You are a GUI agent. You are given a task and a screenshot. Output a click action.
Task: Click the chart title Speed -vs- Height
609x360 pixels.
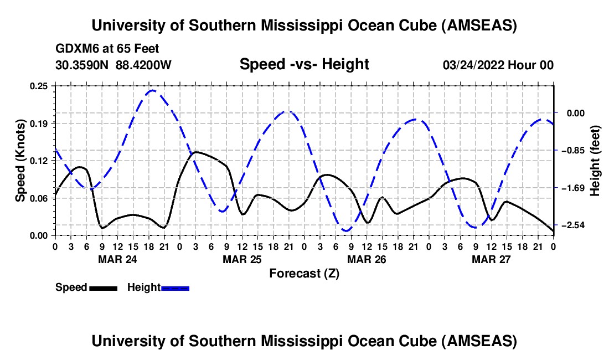pos(304,65)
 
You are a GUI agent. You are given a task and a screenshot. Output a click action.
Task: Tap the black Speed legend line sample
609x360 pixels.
pos(102,287)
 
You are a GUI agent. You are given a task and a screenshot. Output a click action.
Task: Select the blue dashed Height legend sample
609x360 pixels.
pos(175,287)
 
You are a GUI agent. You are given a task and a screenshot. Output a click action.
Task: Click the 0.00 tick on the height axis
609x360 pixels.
pos(577,113)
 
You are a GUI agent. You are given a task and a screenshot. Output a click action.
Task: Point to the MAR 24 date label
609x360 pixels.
pos(117,259)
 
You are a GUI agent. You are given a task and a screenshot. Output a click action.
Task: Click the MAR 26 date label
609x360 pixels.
pos(367,259)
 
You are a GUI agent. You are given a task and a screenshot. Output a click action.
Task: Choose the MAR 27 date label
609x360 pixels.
pos(491,259)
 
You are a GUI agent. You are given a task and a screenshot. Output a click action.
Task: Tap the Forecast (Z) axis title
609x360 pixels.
pos(304,273)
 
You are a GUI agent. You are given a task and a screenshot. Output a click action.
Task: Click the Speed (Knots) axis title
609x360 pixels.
pos(20,161)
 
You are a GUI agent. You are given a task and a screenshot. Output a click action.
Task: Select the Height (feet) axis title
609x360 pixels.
pos(595,161)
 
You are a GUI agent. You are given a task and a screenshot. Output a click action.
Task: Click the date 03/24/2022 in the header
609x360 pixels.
pos(473,65)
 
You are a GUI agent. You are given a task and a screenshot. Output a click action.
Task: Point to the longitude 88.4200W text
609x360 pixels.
pos(143,65)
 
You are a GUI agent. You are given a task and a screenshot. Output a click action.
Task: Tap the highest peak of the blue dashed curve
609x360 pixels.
pos(152,90)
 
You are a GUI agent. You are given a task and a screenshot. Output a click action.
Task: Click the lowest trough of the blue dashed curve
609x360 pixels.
pos(347,230)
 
